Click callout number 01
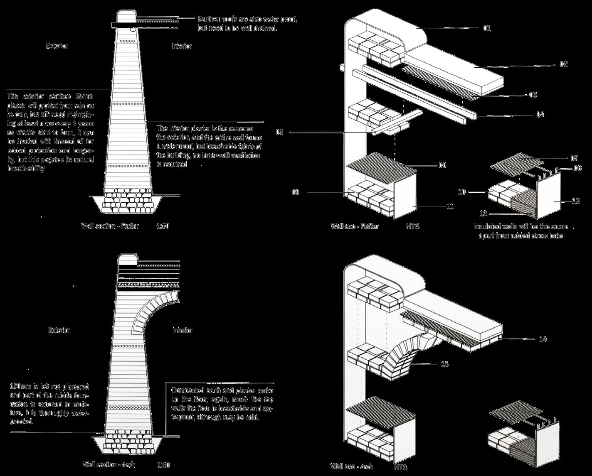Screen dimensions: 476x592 [x=487, y=28]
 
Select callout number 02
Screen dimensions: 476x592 [x=563, y=64]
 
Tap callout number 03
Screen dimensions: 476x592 [x=533, y=95]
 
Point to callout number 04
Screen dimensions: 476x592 [x=540, y=114]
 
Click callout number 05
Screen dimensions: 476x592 [x=279, y=132]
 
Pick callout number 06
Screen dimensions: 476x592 [x=442, y=165]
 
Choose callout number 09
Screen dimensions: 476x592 [x=296, y=192]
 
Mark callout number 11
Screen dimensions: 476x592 [x=450, y=206]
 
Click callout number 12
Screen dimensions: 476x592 [x=483, y=213]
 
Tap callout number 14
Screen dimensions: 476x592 [x=543, y=339]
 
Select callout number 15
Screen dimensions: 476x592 [x=445, y=364]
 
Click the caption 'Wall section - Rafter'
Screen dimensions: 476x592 [x=110, y=226]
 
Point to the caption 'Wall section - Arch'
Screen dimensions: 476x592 [x=109, y=464]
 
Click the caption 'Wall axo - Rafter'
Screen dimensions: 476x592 [x=355, y=226]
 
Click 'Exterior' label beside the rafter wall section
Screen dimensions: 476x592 [x=57, y=46]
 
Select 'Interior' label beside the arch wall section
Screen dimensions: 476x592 [x=183, y=331]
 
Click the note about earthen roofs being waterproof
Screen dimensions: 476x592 [x=248, y=24]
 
